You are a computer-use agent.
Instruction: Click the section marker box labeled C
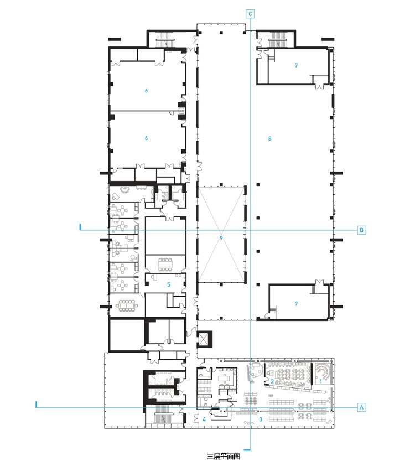click(250, 14)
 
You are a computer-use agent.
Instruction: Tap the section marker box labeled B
click(361, 230)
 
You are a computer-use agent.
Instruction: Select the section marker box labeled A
click(361, 407)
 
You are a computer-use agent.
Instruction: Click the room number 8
click(270, 138)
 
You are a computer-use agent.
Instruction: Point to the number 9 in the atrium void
click(221, 238)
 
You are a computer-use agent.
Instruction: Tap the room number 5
click(169, 284)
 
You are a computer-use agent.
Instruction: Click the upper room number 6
click(147, 91)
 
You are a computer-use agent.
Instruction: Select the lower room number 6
click(147, 138)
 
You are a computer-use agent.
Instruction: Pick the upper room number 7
click(296, 65)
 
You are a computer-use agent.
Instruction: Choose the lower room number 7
click(296, 304)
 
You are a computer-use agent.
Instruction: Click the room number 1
click(321, 381)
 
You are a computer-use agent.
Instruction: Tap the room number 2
click(272, 381)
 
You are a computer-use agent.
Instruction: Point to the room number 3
click(261, 419)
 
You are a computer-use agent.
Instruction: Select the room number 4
click(204, 419)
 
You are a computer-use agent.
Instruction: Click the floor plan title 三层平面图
click(224, 456)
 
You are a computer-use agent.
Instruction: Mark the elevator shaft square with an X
click(204, 339)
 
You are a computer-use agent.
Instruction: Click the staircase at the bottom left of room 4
click(164, 414)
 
